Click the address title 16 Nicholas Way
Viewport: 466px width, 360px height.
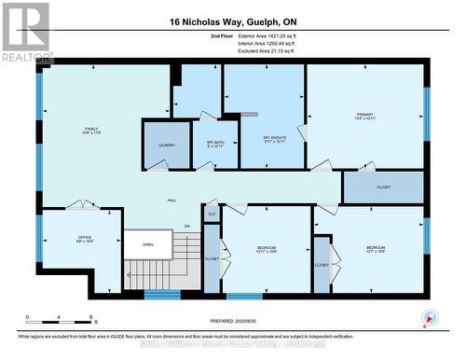click(x=232, y=21)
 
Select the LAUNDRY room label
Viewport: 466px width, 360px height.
click(x=167, y=145)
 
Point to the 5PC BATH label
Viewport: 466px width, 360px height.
click(x=216, y=145)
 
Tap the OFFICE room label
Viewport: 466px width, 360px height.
click(x=83, y=239)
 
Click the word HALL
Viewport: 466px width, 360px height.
click(x=171, y=201)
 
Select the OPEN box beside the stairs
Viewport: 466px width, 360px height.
click(x=148, y=244)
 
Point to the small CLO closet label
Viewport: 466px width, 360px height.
click(x=212, y=215)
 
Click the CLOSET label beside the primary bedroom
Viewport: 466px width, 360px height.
click(x=383, y=187)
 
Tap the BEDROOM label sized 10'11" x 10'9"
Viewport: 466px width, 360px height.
click(x=266, y=249)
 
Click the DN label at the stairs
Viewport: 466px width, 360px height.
click(x=186, y=226)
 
